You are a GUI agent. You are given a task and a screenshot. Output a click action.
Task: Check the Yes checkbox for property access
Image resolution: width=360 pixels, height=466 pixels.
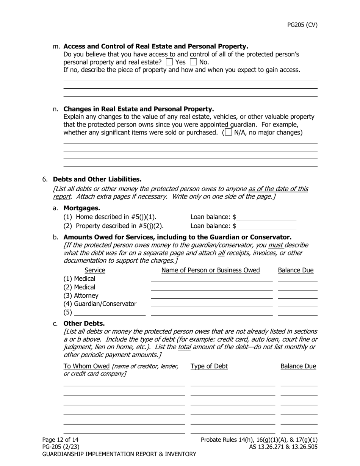(x=170, y=62)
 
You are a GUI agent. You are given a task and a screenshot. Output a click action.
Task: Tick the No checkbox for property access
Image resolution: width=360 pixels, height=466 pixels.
(x=193, y=62)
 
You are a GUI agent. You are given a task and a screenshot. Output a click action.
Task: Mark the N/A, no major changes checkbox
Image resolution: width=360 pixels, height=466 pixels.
(x=228, y=133)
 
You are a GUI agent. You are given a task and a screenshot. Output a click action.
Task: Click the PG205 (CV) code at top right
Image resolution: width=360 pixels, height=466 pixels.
(x=302, y=25)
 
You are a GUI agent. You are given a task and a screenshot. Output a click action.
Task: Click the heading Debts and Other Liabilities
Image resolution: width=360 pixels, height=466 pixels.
(x=97, y=179)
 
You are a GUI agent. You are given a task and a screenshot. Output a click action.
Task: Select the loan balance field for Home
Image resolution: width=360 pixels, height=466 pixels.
(x=266, y=217)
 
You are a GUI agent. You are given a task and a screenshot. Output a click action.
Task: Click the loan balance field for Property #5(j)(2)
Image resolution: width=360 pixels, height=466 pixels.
(x=266, y=226)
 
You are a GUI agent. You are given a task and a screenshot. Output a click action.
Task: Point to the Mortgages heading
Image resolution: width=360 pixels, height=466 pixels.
(x=82, y=208)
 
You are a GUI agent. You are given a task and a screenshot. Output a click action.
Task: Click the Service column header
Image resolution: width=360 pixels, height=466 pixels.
(x=95, y=270)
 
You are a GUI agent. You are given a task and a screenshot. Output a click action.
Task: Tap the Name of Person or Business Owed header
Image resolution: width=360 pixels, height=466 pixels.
(x=211, y=270)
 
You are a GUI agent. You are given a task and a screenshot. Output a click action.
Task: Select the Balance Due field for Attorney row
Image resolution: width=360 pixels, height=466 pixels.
(x=297, y=296)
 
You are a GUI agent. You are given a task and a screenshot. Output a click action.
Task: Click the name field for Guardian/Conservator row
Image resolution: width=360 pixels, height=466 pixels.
(x=211, y=304)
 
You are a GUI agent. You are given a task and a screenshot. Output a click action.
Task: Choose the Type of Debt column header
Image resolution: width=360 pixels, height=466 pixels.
(x=209, y=366)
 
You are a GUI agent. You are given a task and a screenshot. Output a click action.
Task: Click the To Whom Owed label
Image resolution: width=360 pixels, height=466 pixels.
(x=86, y=366)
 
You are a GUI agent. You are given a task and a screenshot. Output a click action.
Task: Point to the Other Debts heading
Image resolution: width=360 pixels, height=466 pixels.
(x=84, y=324)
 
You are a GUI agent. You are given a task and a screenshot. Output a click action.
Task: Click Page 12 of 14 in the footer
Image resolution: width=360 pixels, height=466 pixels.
(x=61, y=440)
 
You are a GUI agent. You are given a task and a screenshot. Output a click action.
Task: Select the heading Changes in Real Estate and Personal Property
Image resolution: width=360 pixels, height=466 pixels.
(x=139, y=109)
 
